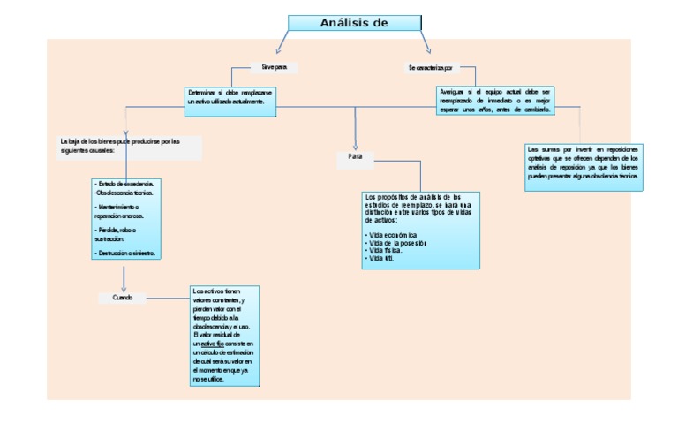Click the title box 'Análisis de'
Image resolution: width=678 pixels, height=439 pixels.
tap(353, 23)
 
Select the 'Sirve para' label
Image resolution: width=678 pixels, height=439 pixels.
tap(274, 67)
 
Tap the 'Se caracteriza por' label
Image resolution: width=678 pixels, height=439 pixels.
tap(430, 67)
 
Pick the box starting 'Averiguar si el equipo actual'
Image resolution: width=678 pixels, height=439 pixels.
tap(495, 100)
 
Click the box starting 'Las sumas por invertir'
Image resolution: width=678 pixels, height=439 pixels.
tap(583, 163)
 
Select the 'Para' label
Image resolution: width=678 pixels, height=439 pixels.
tap(356, 156)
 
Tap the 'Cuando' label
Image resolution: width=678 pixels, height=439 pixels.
tap(123, 298)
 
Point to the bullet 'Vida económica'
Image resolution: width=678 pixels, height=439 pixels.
tap(393, 235)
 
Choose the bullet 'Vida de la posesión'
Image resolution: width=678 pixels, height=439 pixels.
tap(397, 243)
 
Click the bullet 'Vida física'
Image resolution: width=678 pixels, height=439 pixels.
tap(385, 251)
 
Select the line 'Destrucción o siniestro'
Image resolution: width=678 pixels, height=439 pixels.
tap(125, 253)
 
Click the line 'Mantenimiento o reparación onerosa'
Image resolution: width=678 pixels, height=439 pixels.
tap(122, 211)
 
